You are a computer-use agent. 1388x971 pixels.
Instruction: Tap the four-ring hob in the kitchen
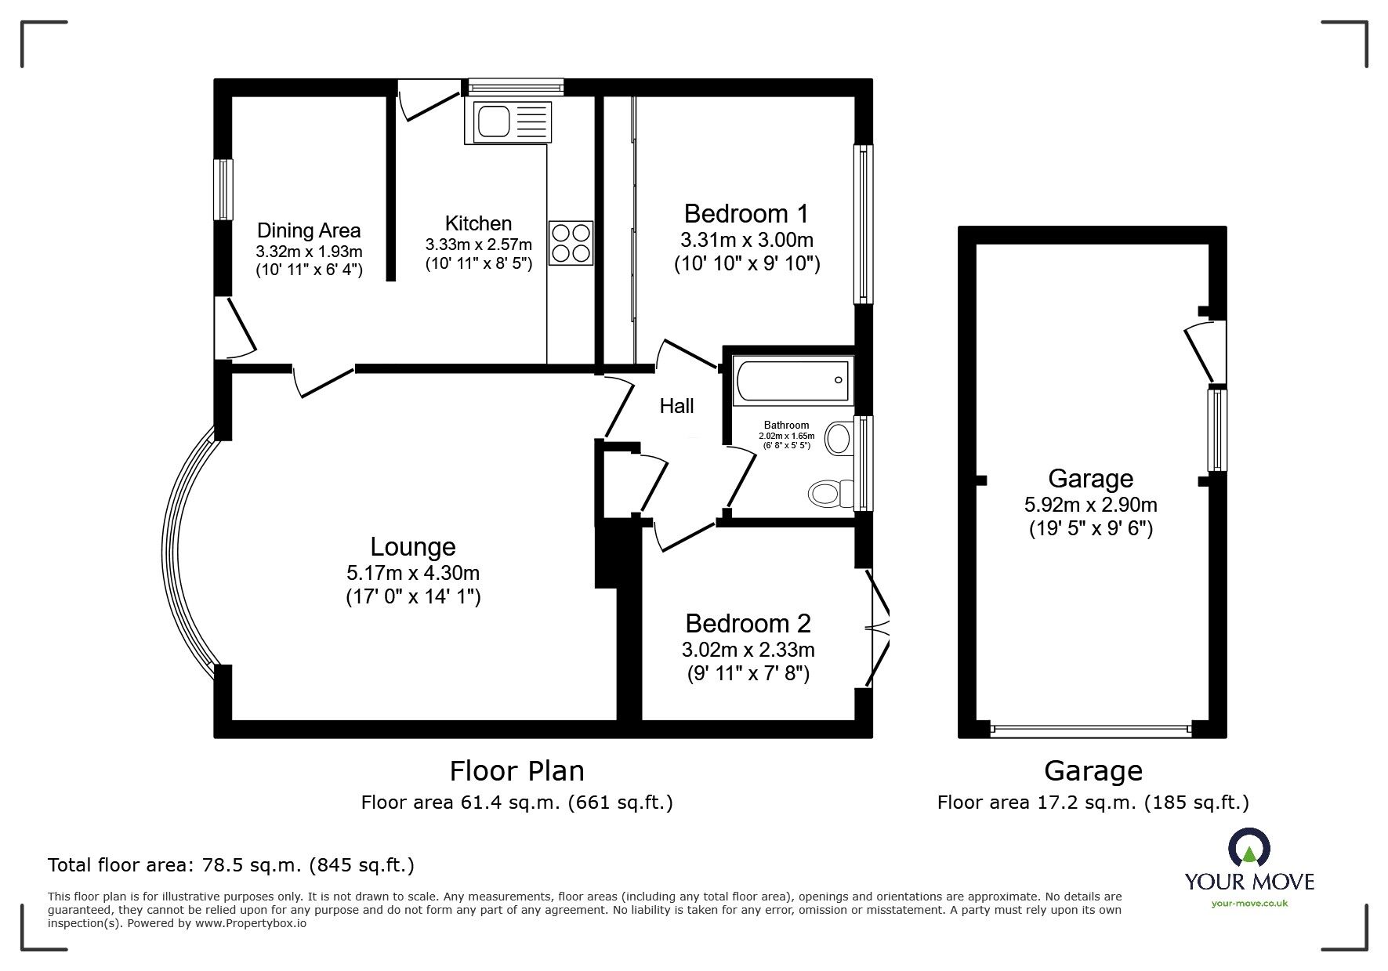coord(571,242)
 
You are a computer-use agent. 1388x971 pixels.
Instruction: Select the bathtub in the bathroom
coord(790,382)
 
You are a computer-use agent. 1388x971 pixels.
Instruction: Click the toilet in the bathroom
coord(828,493)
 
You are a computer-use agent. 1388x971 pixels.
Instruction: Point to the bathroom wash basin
coord(839,438)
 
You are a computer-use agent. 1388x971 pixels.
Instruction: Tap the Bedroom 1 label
coord(745,213)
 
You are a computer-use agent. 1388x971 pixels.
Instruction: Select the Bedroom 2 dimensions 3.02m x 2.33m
coord(748,650)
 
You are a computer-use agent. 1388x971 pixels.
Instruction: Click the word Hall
coord(676,406)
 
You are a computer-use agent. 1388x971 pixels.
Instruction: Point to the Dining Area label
coord(309,230)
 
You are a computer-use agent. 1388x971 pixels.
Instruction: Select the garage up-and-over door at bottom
coord(1090,729)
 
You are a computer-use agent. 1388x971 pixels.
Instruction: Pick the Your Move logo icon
coord(1248,849)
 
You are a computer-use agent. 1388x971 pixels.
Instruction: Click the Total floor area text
coord(231,865)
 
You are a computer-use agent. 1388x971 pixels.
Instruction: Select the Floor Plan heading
coord(516,770)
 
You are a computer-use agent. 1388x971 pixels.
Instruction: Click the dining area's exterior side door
coord(236,328)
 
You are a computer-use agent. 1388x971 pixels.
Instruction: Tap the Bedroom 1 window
coord(863,223)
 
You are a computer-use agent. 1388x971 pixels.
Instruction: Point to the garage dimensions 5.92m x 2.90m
coord(1090,505)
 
